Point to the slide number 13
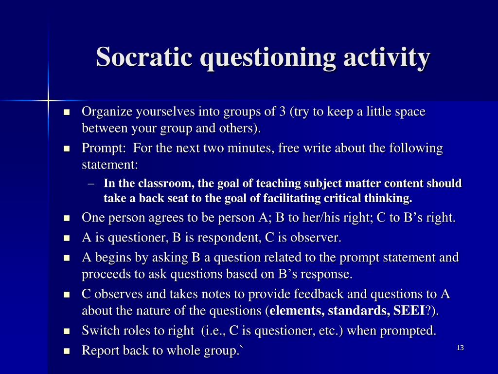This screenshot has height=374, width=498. [460, 348]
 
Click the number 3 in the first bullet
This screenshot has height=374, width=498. [282, 112]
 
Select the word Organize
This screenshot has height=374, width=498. [107, 112]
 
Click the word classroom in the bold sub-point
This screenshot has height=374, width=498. [160, 184]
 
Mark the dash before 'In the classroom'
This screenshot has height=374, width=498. [92, 184]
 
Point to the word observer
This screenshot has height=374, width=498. [317, 238]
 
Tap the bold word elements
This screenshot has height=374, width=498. [297, 311]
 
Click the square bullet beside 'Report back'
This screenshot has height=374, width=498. [67, 351]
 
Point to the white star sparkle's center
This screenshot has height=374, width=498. [49, 101]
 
